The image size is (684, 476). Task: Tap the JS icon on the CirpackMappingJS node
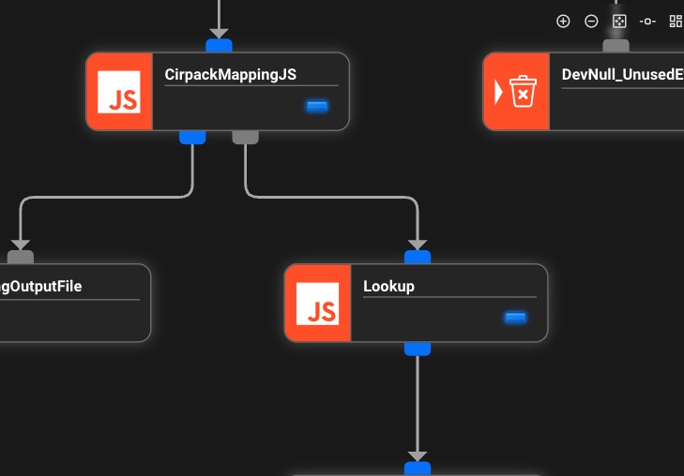119,91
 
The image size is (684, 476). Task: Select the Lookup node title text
388,287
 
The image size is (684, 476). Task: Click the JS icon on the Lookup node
317,303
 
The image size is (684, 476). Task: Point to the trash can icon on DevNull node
522,91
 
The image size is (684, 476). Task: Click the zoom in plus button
563,22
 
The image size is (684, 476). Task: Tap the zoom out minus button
591,22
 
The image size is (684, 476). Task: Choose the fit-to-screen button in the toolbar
619,22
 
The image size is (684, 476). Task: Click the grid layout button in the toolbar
676,22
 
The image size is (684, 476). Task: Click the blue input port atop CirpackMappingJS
219,45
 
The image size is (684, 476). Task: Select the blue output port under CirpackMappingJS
192,138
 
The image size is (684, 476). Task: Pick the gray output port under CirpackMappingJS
245,138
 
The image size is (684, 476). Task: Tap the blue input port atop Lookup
418,257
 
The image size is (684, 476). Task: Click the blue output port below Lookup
418,349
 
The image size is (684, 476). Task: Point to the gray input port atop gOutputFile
20,257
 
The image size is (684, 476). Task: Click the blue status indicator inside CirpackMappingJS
317,106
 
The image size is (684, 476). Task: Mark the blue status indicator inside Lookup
515,318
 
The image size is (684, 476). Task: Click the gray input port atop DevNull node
616,45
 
